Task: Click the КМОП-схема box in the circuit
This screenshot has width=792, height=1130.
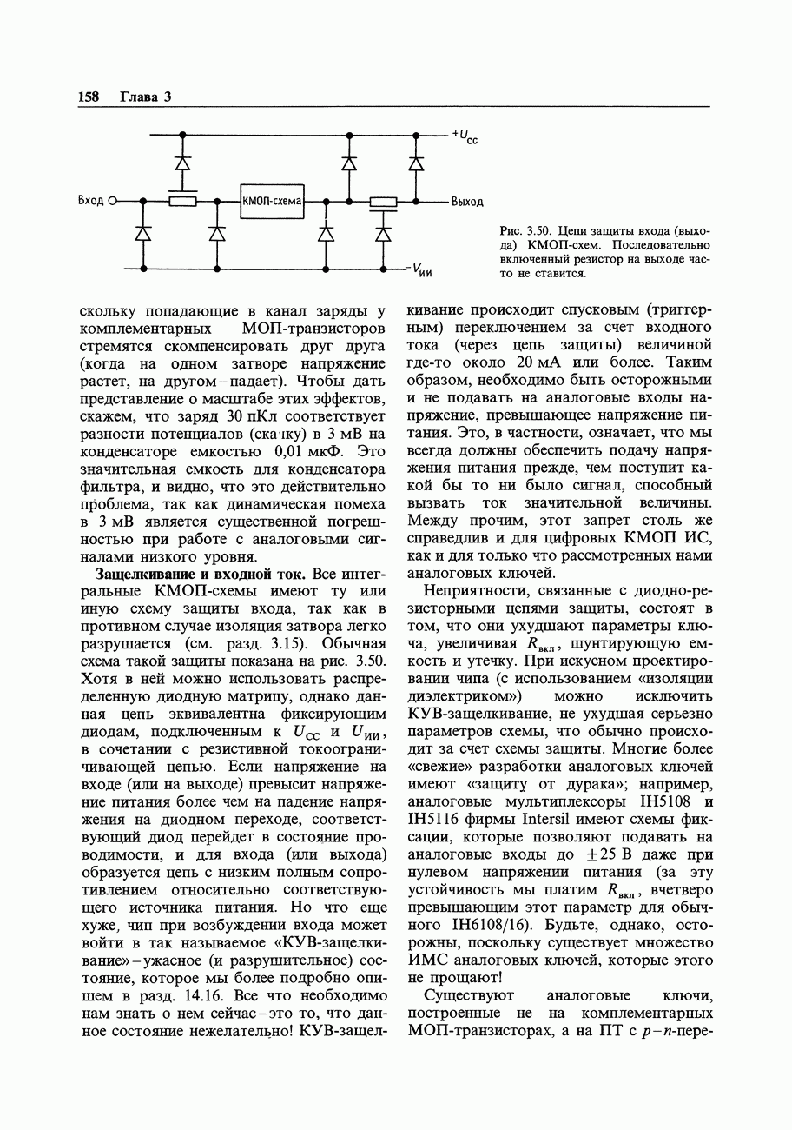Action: point(273,202)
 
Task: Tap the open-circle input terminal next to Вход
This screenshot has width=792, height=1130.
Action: point(112,202)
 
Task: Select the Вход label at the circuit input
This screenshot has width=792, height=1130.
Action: point(90,202)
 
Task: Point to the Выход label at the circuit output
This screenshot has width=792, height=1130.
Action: point(467,202)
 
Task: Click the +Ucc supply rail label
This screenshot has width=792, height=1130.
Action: point(465,136)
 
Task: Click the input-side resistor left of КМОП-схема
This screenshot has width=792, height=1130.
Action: point(182,202)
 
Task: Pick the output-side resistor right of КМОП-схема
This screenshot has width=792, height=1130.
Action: point(383,202)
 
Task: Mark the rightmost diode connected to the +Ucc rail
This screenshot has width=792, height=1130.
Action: point(416,163)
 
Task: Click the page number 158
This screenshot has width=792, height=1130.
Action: point(90,96)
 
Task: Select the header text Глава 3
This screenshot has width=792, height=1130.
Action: point(145,96)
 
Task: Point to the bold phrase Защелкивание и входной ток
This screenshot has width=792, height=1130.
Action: point(192,575)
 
